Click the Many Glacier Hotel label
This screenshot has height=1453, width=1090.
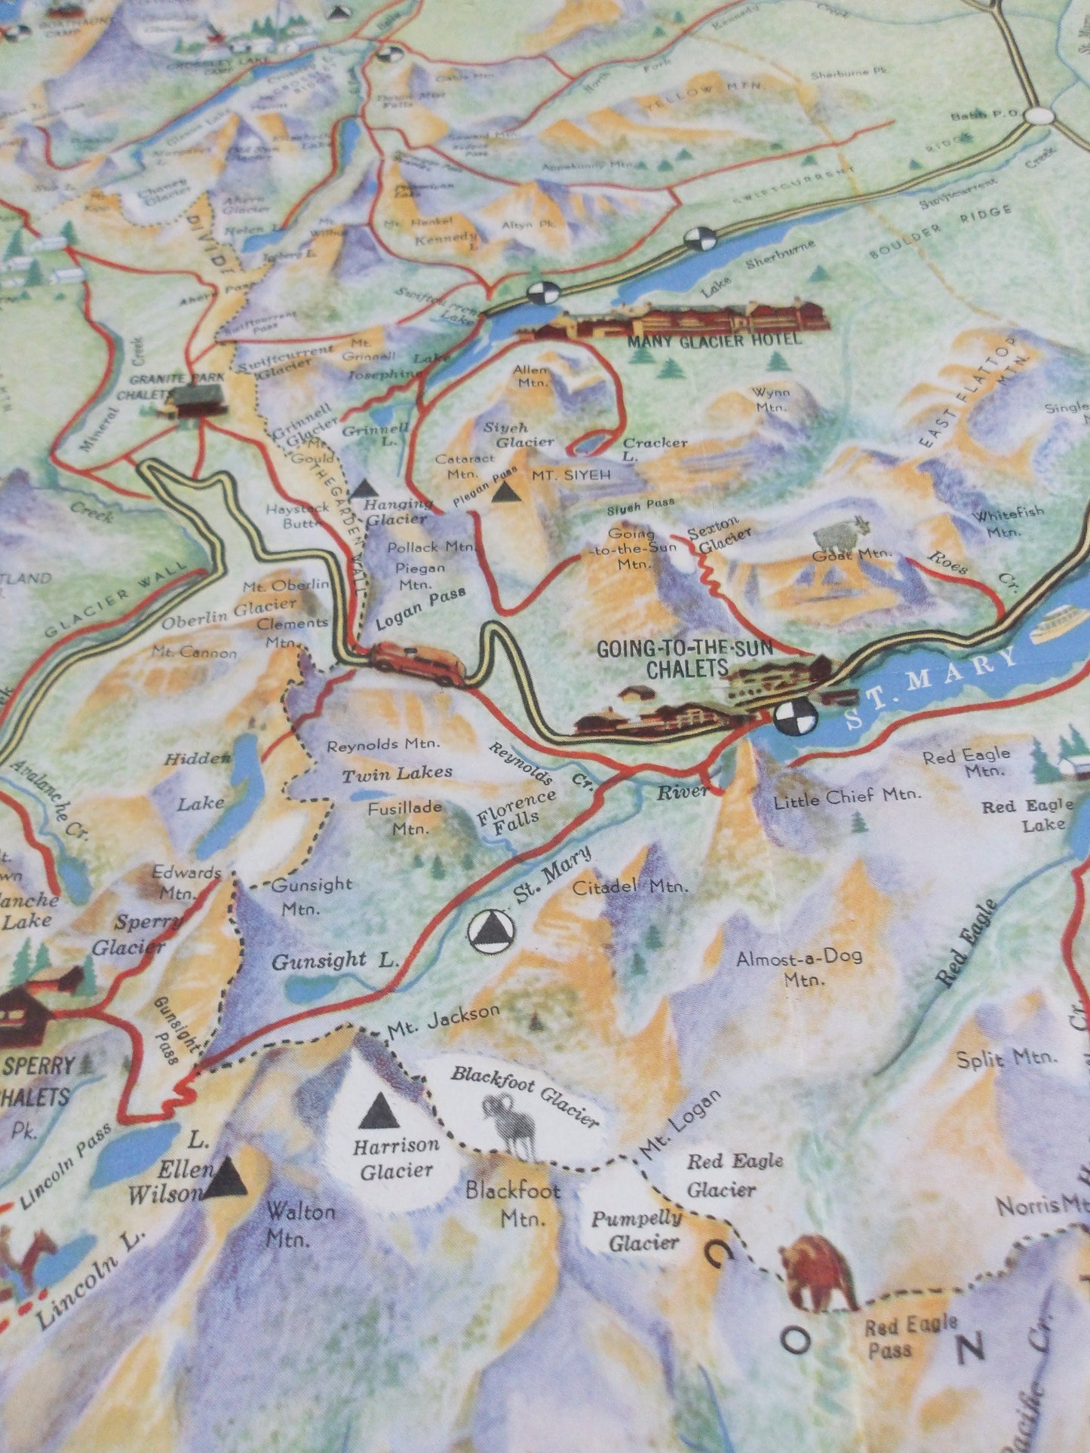[713, 340]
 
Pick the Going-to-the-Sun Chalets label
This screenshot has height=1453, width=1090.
[661, 658]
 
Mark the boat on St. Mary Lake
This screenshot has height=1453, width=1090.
[1061, 624]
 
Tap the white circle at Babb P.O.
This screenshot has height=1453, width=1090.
[1040, 115]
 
